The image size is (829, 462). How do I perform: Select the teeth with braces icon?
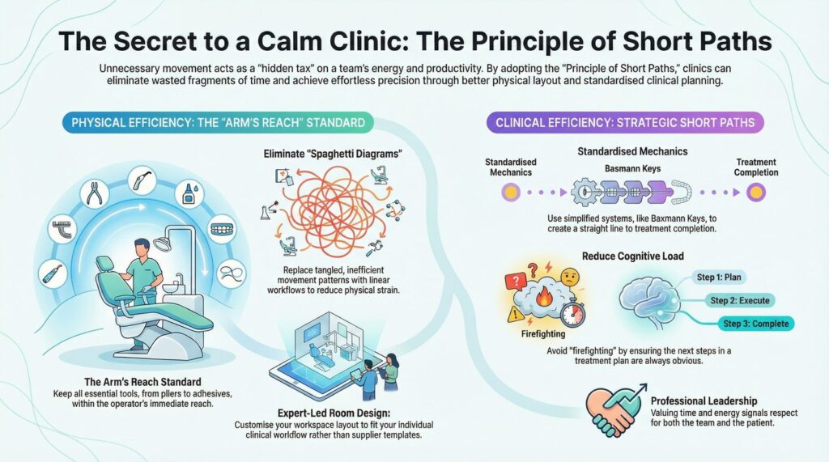[x=222, y=229]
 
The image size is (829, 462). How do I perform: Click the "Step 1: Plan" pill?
[x=718, y=277]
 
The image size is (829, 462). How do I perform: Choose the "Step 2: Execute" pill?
[x=739, y=300]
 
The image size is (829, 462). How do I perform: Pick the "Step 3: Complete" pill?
[x=756, y=324]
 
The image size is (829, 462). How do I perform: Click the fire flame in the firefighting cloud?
[x=543, y=297]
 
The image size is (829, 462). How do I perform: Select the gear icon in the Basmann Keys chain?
[x=585, y=192]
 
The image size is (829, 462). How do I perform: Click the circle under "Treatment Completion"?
[x=756, y=193]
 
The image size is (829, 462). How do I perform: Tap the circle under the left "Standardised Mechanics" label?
[x=511, y=193]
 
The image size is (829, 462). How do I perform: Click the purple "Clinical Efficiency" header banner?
[x=625, y=123]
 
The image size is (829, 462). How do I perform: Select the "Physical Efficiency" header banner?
[x=219, y=123]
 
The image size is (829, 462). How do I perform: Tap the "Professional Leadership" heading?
[x=704, y=401]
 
